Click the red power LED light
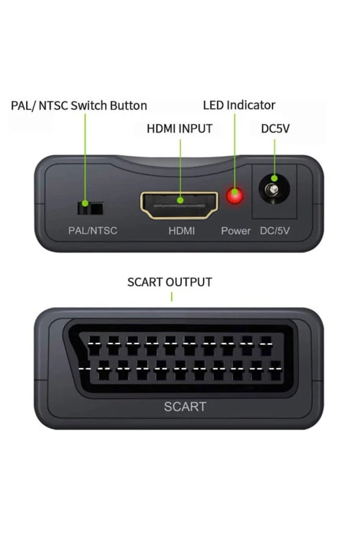[234, 196]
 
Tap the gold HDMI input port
[180, 205]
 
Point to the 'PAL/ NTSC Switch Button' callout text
[79, 105]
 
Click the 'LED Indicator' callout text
[239, 105]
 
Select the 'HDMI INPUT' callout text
[179, 128]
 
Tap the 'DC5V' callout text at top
[275, 128]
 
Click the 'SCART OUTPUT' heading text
[170, 282]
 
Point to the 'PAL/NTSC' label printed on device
[92, 230]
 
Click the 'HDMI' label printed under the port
[182, 230]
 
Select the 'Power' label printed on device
[235, 230]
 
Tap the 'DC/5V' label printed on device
[276, 230]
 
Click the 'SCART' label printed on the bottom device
[185, 407]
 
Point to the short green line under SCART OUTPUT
[171, 296]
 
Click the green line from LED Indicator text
[234, 152]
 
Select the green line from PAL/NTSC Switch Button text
[85, 158]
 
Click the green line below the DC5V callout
[274, 158]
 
